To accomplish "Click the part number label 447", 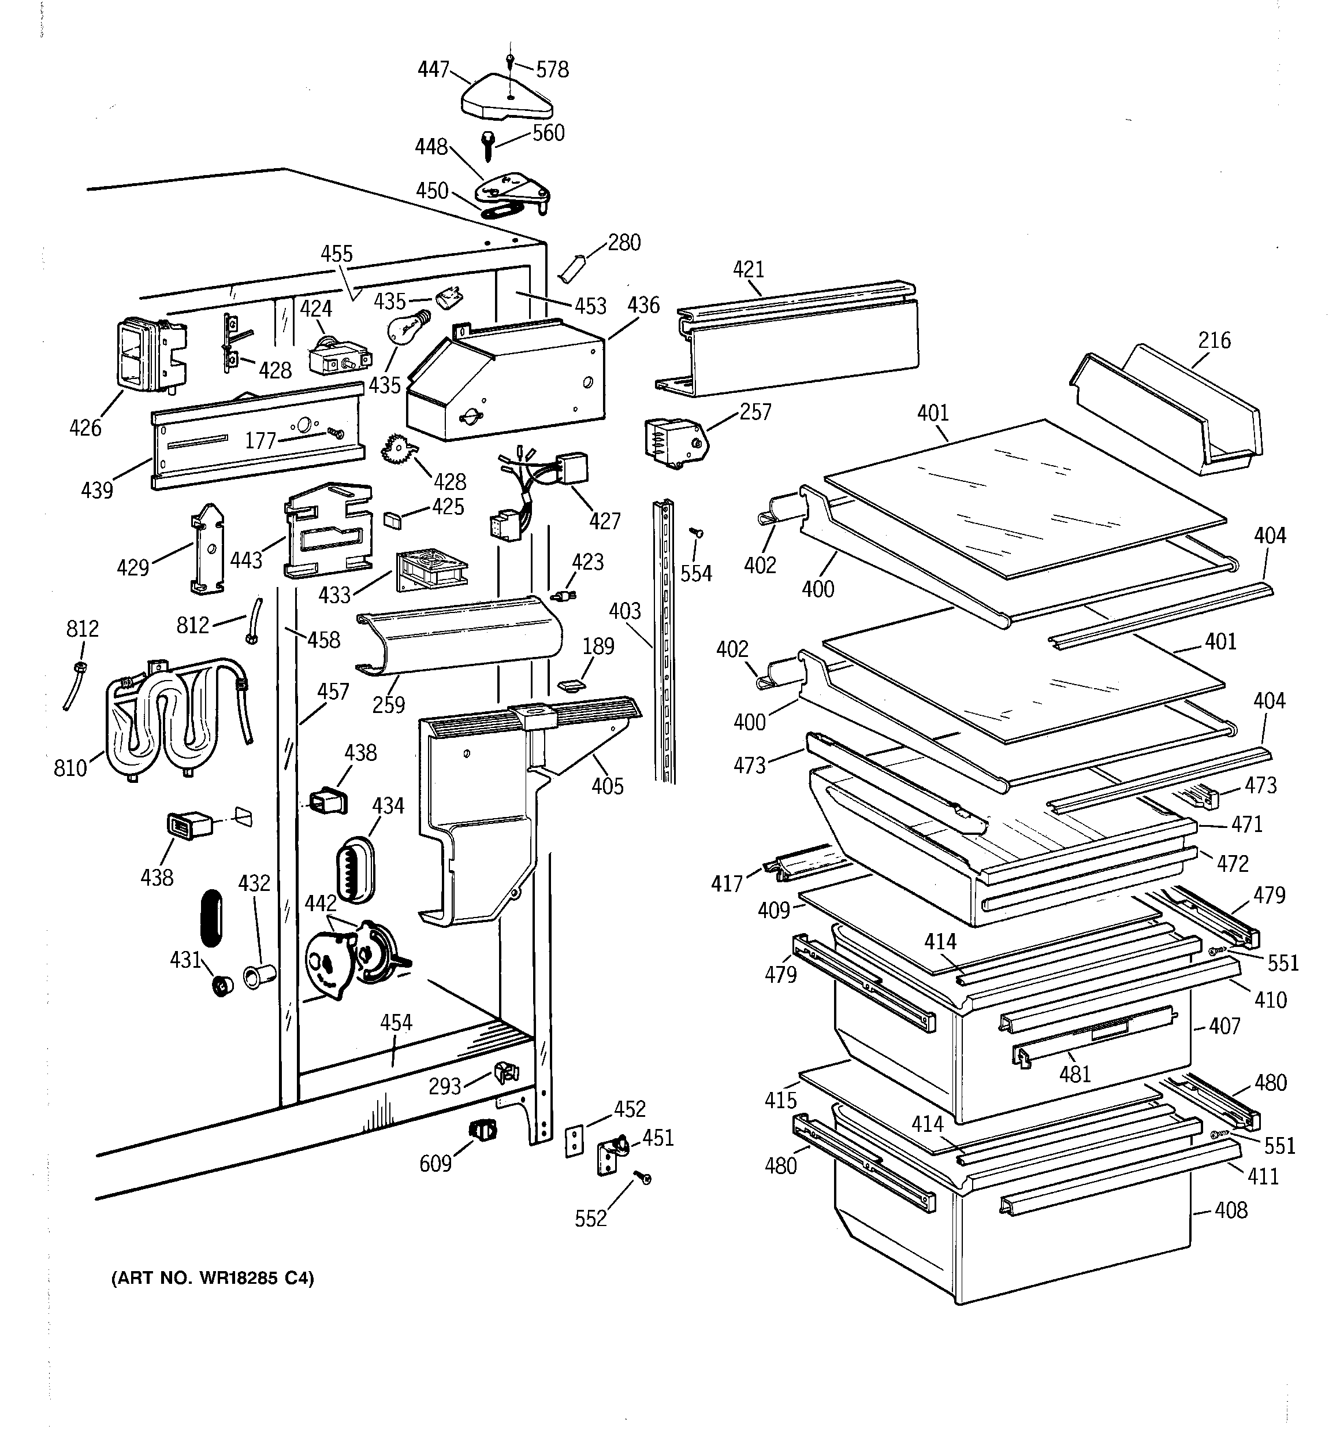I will (x=433, y=70).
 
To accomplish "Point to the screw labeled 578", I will (x=510, y=61).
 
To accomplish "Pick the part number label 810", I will (x=70, y=768).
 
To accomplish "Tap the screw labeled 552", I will (x=645, y=1178).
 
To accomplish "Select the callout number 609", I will (x=435, y=1163).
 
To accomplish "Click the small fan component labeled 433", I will (x=430, y=571).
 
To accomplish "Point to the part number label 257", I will (x=755, y=412).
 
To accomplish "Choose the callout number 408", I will (x=1231, y=1210).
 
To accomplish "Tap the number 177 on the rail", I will (x=260, y=440).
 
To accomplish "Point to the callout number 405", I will (x=607, y=786).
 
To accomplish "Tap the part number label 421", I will (x=748, y=270).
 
